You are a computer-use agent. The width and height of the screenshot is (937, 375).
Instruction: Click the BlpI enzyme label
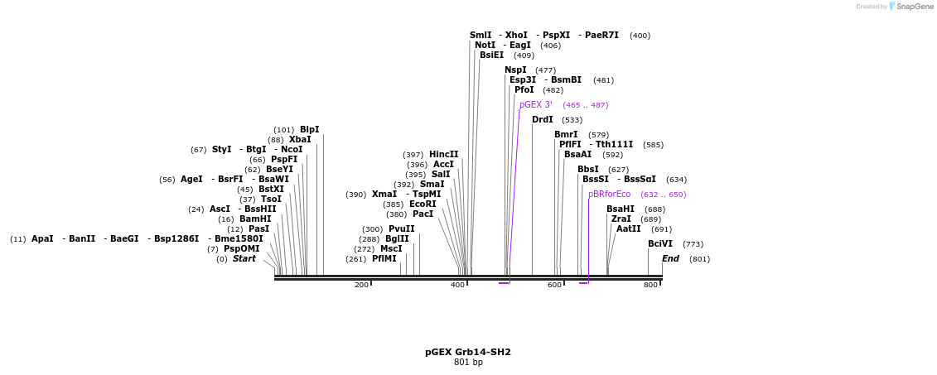click(x=309, y=130)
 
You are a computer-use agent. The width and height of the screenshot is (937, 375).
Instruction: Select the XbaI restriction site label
click(x=300, y=140)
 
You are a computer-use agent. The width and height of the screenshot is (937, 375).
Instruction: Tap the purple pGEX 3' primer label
click(x=536, y=105)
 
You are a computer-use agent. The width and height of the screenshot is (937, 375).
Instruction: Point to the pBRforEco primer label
click(x=609, y=195)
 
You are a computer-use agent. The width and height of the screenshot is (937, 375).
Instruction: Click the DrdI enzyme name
click(x=542, y=120)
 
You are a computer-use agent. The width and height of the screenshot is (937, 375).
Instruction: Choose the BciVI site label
click(x=660, y=244)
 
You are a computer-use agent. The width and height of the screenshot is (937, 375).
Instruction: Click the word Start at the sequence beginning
click(x=244, y=259)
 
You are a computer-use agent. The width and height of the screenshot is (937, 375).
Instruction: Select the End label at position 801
click(x=670, y=259)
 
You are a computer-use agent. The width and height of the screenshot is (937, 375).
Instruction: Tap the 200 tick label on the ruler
click(x=361, y=286)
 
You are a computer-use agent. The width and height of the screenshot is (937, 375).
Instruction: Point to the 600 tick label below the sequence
click(x=554, y=286)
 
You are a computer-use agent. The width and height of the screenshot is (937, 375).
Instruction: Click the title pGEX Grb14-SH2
click(x=468, y=352)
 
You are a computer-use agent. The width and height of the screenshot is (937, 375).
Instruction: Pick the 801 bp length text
click(x=468, y=363)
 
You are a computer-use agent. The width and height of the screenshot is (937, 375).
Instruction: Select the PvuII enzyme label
click(x=402, y=229)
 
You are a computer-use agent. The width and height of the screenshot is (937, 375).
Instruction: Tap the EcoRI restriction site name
click(x=423, y=204)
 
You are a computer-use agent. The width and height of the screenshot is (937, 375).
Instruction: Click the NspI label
click(x=515, y=70)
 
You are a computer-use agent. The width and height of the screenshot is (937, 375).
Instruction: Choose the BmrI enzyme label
click(x=566, y=135)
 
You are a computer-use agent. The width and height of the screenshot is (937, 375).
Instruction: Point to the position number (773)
click(x=693, y=244)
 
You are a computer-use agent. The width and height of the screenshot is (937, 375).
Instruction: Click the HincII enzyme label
click(x=443, y=155)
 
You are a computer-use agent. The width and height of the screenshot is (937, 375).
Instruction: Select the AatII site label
click(x=628, y=229)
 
